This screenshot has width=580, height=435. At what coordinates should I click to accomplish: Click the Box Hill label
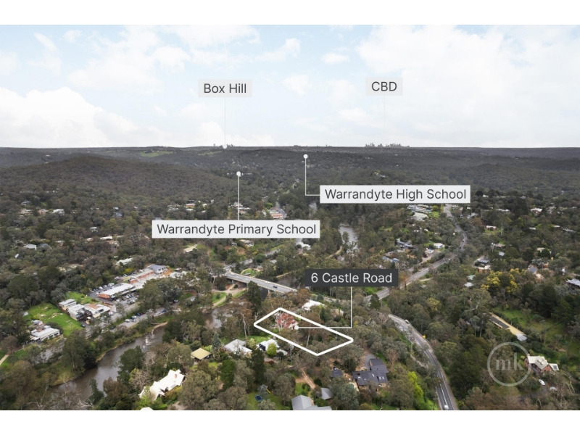click(225, 88)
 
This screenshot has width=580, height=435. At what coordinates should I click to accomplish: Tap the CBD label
click(384, 86)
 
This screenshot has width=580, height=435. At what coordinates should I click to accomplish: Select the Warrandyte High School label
click(395, 194)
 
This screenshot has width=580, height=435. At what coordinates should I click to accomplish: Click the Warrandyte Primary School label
click(236, 229)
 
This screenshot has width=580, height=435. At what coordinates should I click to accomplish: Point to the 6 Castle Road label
click(352, 278)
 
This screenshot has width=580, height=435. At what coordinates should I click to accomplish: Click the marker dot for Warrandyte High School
click(305, 157)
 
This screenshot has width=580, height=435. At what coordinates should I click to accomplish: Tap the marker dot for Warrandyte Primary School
click(239, 174)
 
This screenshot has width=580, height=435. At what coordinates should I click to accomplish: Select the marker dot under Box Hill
click(225, 146)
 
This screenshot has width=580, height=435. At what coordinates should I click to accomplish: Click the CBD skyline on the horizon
click(387, 145)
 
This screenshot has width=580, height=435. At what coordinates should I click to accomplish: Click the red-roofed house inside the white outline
click(286, 321)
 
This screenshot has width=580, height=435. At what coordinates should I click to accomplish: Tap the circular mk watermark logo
click(509, 365)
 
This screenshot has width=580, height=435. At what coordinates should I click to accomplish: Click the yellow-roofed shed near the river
click(201, 354)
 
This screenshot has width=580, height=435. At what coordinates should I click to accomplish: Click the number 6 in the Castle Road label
click(315, 278)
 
